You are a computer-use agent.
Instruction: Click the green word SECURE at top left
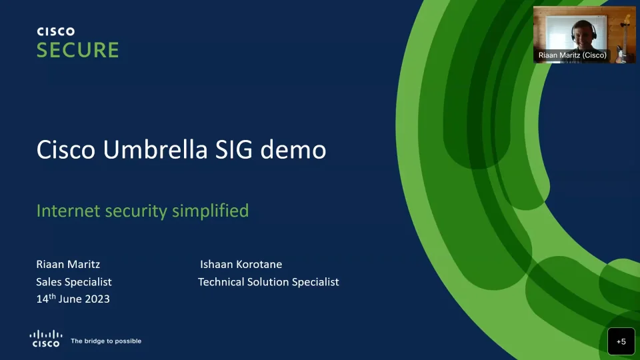(x=77, y=50)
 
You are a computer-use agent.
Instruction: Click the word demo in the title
(x=293, y=150)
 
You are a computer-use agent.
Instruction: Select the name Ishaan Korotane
(x=241, y=264)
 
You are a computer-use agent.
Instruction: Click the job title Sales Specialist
(x=73, y=282)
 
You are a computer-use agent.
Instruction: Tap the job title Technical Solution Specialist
(x=268, y=282)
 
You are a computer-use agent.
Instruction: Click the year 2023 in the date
(x=97, y=299)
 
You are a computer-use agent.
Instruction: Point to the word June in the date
(x=70, y=299)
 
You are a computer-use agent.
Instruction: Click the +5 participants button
(x=621, y=341)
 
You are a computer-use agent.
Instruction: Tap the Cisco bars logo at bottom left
(x=46, y=337)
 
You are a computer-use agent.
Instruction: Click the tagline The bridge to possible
(x=106, y=341)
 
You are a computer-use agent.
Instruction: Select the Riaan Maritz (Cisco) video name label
(x=572, y=55)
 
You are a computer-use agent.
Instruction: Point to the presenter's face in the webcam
(x=580, y=31)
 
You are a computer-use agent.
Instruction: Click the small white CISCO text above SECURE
(x=55, y=31)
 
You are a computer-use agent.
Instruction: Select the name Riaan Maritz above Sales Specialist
(x=68, y=264)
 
